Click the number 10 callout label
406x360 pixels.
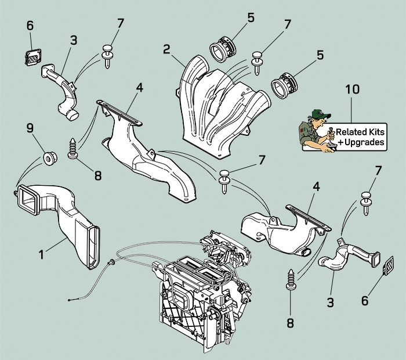point(352,89)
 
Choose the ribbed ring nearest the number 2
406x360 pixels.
point(223,48)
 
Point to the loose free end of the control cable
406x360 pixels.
point(69,299)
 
